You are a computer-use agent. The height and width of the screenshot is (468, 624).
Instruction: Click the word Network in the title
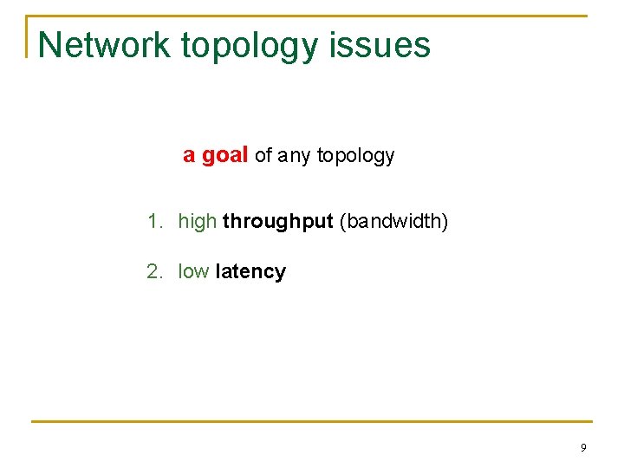tap(105, 45)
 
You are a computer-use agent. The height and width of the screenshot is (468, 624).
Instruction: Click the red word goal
tap(225, 156)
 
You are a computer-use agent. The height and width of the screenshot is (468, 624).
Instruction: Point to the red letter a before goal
tap(188, 156)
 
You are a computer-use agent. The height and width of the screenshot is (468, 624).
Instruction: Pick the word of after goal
tap(263, 156)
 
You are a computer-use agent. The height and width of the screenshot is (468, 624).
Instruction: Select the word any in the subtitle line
tap(295, 156)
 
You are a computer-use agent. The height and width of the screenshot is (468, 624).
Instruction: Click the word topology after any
tap(355, 156)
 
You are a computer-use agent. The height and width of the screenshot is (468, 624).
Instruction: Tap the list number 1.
tap(153, 222)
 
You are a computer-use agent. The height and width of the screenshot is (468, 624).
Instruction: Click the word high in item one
tap(197, 222)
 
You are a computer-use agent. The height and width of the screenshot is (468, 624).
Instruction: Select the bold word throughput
tap(277, 222)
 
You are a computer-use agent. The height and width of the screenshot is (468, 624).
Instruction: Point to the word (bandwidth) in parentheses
tap(393, 222)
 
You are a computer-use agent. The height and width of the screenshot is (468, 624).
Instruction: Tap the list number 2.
tap(153, 272)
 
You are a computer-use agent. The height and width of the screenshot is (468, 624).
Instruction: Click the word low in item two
tap(193, 272)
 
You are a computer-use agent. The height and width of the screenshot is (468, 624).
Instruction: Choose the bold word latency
tap(250, 272)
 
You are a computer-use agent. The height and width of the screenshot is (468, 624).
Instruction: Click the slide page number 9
tap(583, 448)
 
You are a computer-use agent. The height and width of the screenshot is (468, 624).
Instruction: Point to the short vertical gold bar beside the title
tap(27, 36)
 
